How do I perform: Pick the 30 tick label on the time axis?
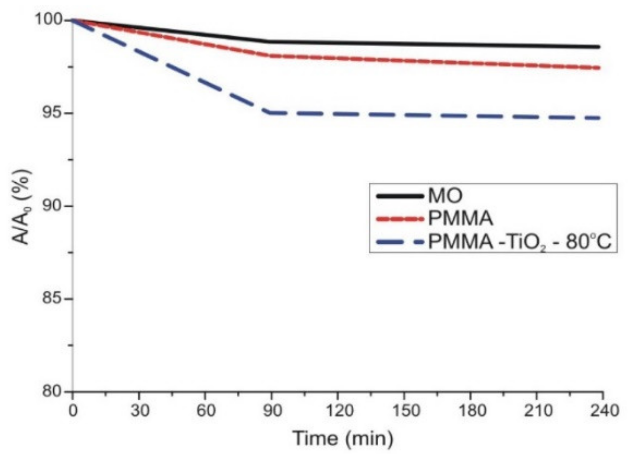(x=139, y=411)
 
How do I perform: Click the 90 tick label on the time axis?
(x=272, y=411)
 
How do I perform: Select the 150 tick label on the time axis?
(x=404, y=411)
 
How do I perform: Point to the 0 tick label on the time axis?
(x=73, y=411)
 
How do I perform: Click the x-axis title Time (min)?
(x=343, y=438)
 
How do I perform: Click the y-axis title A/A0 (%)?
(x=21, y=207)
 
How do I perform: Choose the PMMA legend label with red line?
(x=460, y=219)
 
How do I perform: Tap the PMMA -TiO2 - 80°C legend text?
(x=519, y=242)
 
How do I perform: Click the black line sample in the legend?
(x=399, y=196)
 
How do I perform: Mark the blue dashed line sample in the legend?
(x=399, y=242)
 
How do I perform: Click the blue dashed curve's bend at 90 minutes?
(x=271, y=113)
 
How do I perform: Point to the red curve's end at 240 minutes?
(x=599, y=68)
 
